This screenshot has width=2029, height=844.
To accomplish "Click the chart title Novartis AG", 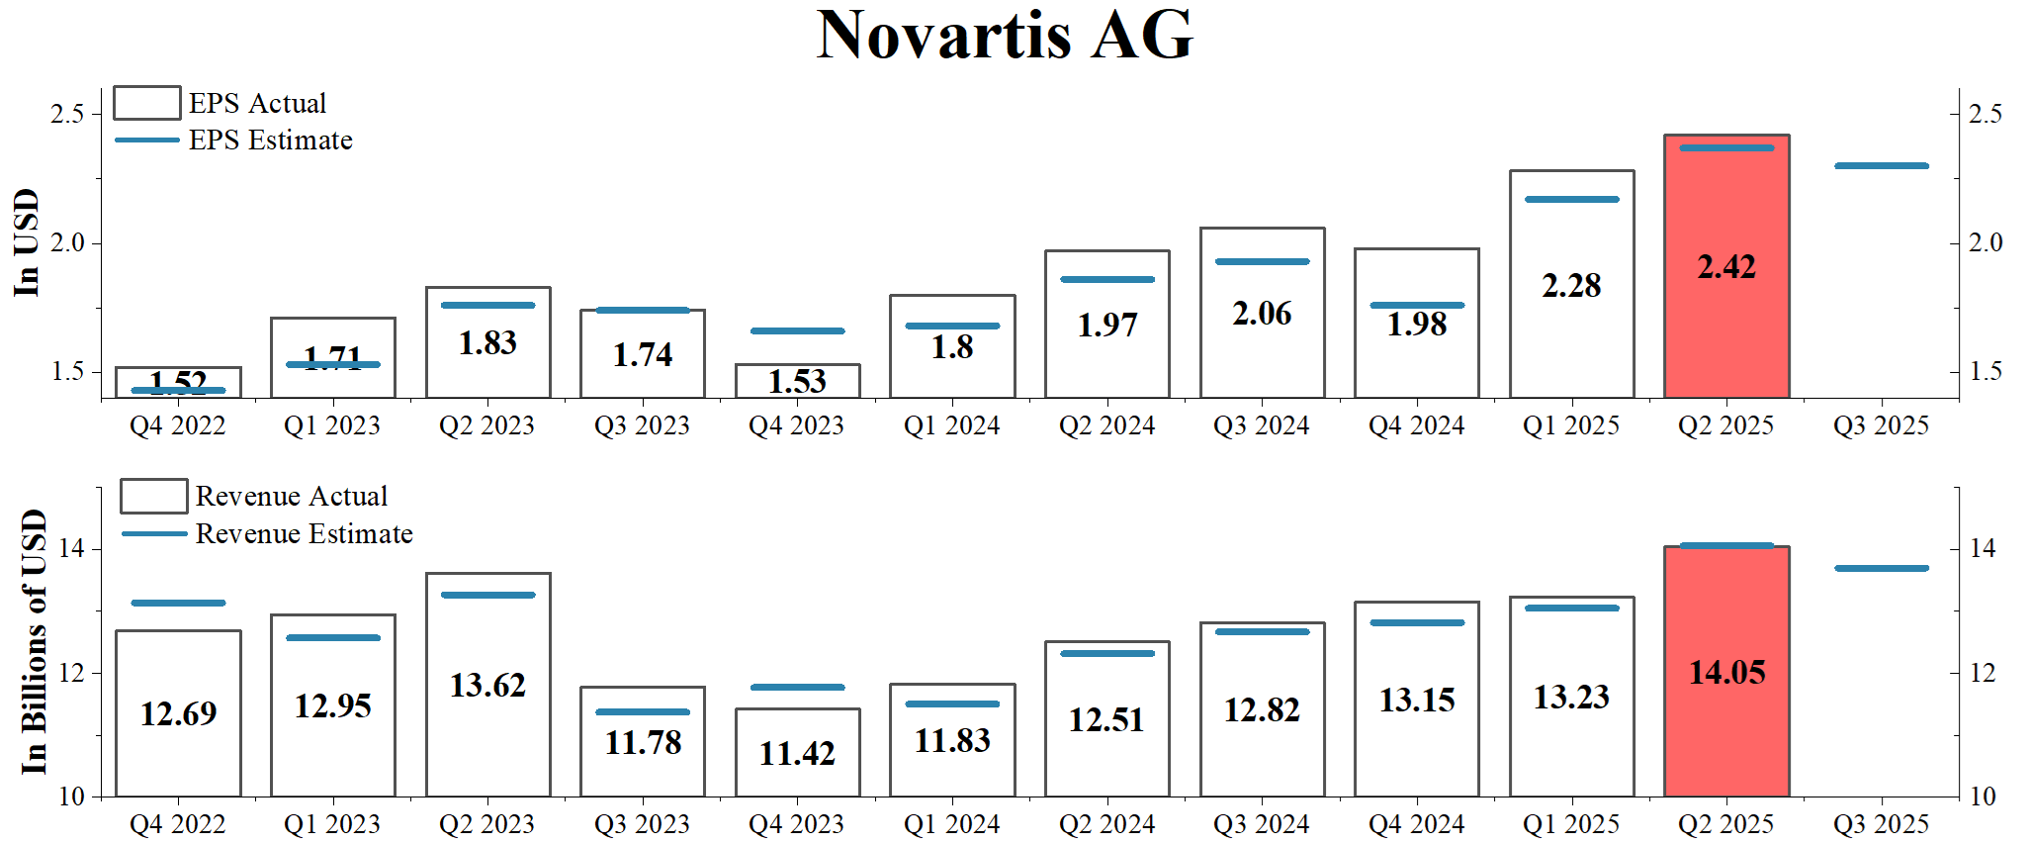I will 1005,36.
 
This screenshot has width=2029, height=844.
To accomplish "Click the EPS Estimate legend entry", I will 270,141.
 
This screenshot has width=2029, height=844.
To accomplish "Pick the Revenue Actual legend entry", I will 291,496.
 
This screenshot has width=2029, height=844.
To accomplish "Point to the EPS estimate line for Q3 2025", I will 1881,166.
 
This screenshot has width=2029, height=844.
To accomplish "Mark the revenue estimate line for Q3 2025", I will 1881,568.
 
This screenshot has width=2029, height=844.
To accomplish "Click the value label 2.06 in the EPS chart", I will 1262,314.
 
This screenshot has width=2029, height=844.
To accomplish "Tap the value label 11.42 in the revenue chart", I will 797,754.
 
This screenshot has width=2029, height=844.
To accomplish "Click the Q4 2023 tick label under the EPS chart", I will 796,425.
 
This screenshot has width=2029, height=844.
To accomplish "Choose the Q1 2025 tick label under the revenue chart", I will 1571,824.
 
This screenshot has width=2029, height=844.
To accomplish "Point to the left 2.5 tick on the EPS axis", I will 67,114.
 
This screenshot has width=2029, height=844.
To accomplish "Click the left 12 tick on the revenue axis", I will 71,673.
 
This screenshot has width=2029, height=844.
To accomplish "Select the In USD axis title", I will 27,242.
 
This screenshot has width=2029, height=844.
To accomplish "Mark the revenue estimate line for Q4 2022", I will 178,603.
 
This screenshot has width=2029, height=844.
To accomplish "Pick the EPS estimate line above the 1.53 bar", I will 797,330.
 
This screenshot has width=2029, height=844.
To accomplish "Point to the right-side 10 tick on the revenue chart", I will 1982,797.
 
